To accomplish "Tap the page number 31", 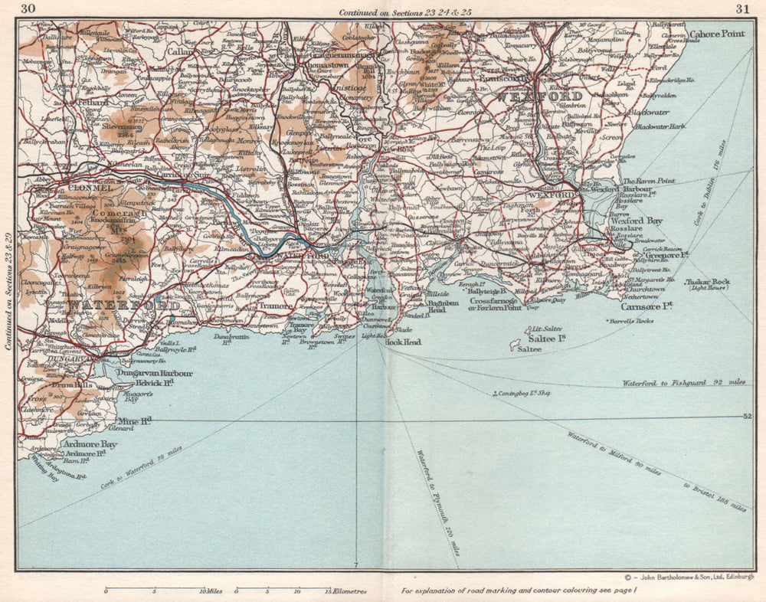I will pos(741,9).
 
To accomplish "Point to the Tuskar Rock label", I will pos(709,282).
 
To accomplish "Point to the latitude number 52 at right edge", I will pos(748,416).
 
